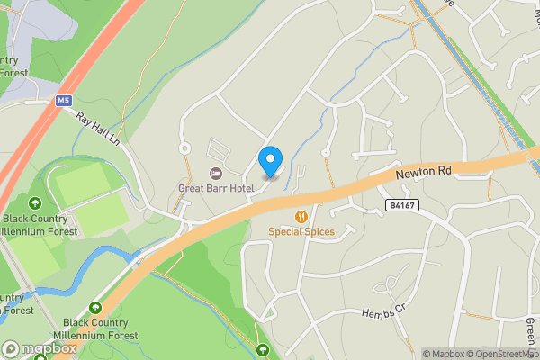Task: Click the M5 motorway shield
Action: pyautogui.click(x=63, y=101)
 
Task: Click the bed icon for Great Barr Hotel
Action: pyautogui.click(x=215, y=173)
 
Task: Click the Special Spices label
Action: pyautogui.click(x=301, y=231)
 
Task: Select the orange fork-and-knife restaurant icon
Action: pyautogui.click(x=301, y=216)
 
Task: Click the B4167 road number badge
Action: pyautogui.click(x=402, y=206)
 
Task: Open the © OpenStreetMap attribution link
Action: pyautogui.click(x=506, y=354)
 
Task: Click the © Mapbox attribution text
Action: pyautogui.click(x=447, y=354)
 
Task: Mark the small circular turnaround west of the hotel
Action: pyautogui.click(x=184, y=148)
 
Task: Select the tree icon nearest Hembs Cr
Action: pyautogui.click(x=263, y=348)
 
